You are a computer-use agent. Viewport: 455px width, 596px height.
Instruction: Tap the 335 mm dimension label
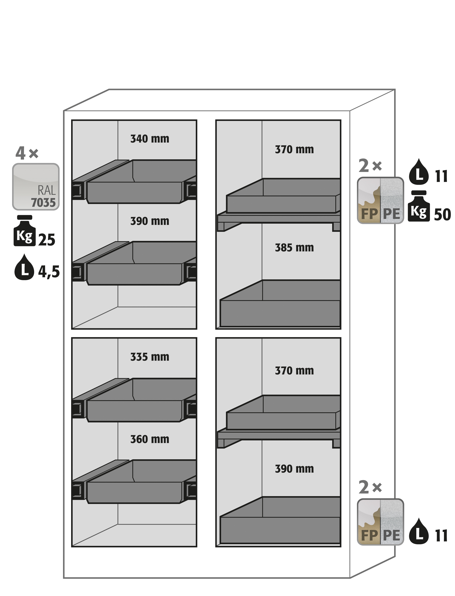(150, 357)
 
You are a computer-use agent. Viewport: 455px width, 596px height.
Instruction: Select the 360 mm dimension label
(150, 439)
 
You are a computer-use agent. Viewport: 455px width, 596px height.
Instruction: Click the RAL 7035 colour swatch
(36, 187)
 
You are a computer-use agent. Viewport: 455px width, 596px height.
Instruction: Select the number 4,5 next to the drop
(49, 272)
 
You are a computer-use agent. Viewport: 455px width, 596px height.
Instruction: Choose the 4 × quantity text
(27, 153)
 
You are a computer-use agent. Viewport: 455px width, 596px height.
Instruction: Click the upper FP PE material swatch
(380, 201)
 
